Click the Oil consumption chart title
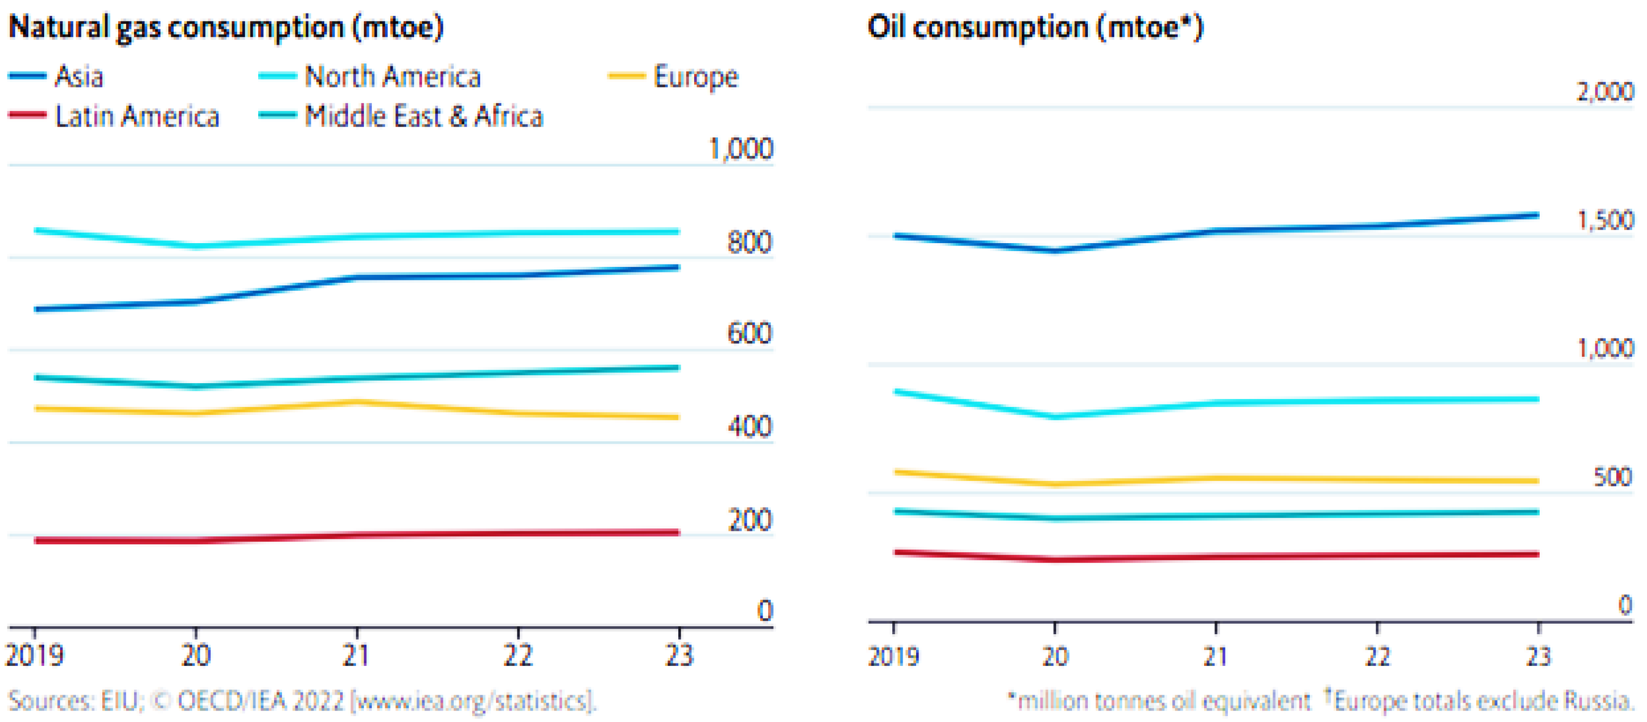[1035, 27]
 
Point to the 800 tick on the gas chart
[749, 243]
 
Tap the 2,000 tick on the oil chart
[1605, 92]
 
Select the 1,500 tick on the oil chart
[1605, 220]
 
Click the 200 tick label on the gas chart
[749, 520]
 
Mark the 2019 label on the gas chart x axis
[35, 655]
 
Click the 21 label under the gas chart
[356, 655]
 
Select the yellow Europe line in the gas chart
[275, 408]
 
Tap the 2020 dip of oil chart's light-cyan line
[1055, 417]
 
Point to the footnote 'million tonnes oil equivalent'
[1164, 701]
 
